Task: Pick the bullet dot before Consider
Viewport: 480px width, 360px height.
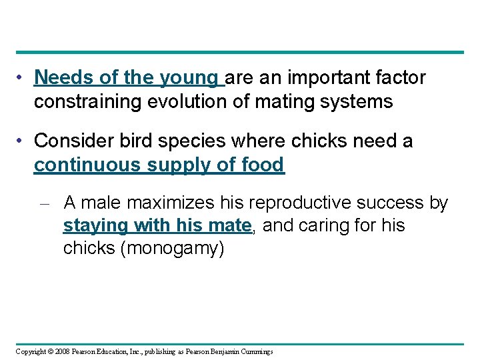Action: coord(23,141)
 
